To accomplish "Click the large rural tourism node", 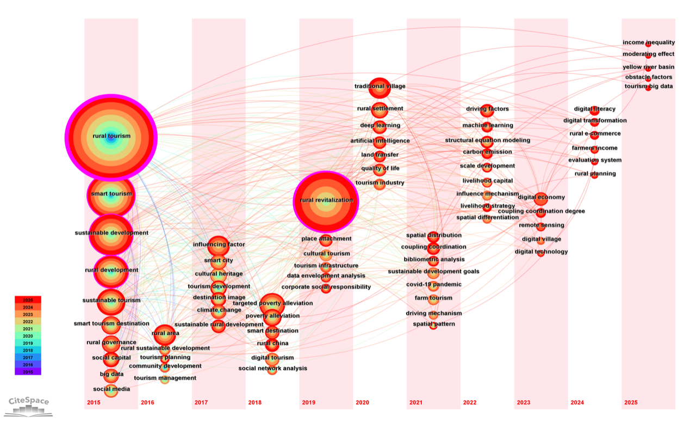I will pos(111,137).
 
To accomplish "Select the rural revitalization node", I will pos(326,201).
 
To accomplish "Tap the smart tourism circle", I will pos(111,195).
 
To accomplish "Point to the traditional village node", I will pos(380,87).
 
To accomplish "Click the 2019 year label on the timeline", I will pos(308,402).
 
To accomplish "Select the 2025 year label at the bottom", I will pos(631,402).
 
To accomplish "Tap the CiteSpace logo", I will pos(29,406).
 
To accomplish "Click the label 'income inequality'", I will pos(649,42).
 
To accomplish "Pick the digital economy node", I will pos(540,198).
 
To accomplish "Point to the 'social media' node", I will pos(111,389).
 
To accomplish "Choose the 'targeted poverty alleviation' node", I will pos(272,304).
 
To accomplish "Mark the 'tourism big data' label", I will pos(649,86).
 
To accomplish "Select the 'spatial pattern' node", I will pos(433,325).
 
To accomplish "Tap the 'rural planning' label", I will pos(595,174).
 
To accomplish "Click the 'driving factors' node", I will pos(487,110).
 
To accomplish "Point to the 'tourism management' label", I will pos(165,378).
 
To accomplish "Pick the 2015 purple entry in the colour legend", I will pos(28,371).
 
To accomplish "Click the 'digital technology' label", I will pos(541,252).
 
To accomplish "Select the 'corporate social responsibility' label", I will pos(326,287).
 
